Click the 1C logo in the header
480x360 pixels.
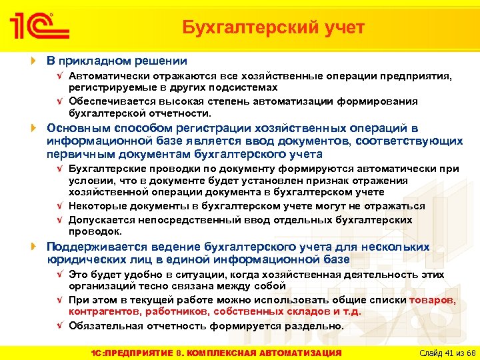tap(39, 27)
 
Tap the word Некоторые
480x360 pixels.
tap(98, 206)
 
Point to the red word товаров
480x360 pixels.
tap(432, 300)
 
